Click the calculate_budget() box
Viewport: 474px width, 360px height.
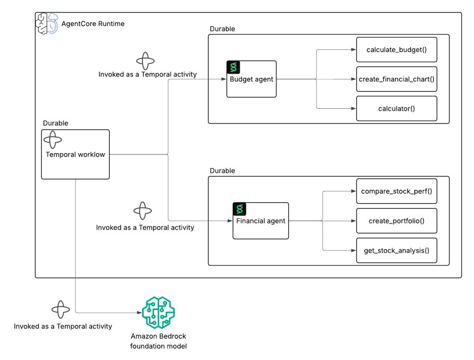pos(397,50)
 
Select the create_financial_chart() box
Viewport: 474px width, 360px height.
pos(397,79)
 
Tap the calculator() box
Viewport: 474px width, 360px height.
pos(397,109)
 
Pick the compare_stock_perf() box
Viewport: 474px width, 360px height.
pos(397,191)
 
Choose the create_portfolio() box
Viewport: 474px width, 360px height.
pos(397,221)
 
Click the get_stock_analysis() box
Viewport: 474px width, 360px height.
pos(397,251)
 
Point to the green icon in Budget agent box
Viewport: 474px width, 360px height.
pos(234,68)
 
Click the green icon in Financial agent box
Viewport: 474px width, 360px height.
pos(240,209)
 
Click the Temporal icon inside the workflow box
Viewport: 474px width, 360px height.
pos(52,140)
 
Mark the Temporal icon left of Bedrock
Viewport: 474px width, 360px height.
pos(61,310)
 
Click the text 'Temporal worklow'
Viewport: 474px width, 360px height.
pos(75,155)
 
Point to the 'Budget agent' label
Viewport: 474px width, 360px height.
pos(251,79)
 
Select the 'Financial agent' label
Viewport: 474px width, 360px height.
pos(261,221)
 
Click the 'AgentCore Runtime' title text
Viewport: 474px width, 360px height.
pos(93,24)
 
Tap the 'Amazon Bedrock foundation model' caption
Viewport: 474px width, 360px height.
pos(159,341)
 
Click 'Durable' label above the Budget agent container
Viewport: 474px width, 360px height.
pos(222,29)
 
